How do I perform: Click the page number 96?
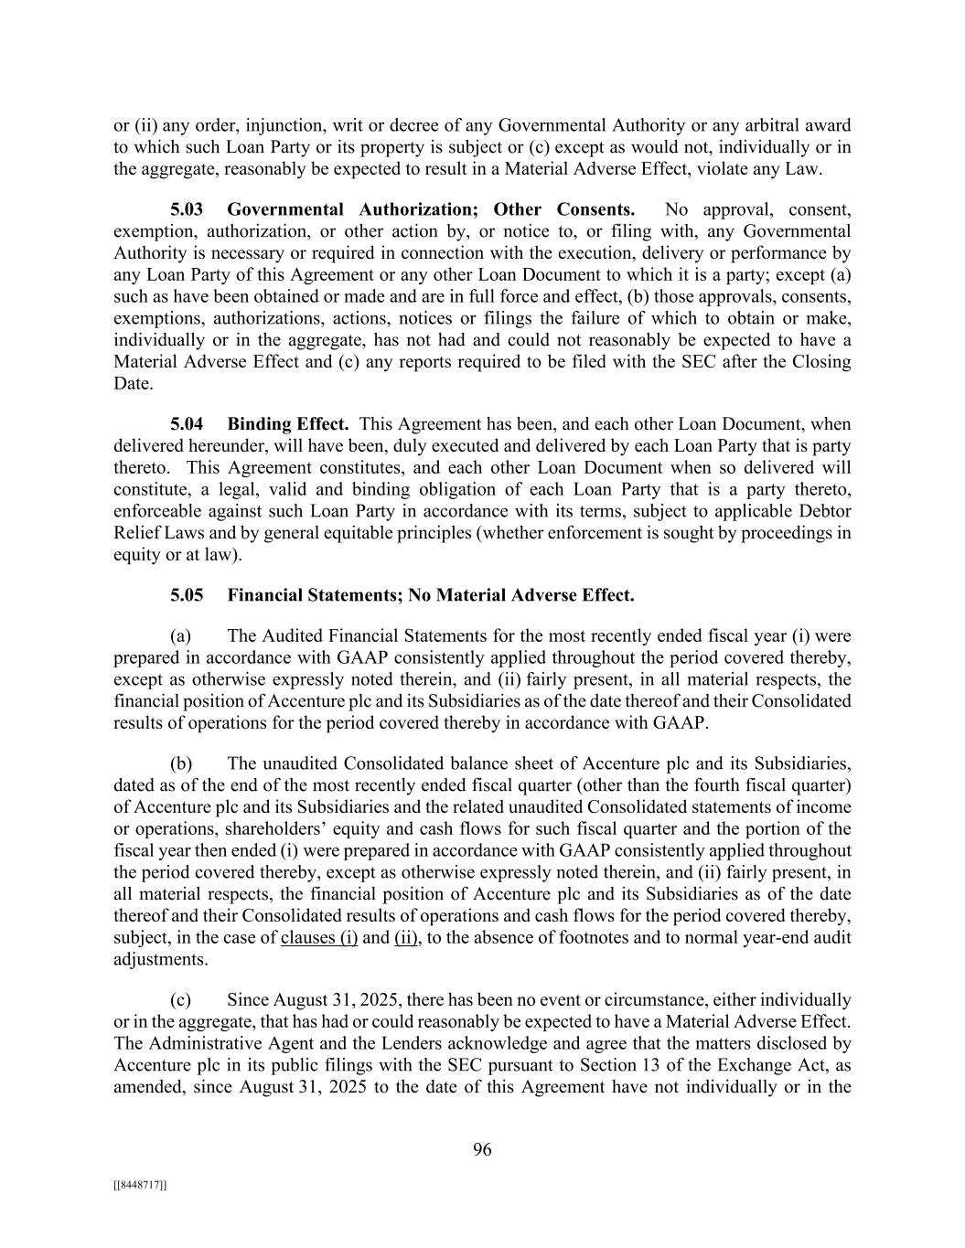[x=482, y=1150]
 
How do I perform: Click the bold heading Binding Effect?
[x=288, y=424]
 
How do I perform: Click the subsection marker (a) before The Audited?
[x=181, y=635]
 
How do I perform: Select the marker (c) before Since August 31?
[x=181, y=1000]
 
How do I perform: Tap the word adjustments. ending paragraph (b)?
[x=160, y=960]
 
